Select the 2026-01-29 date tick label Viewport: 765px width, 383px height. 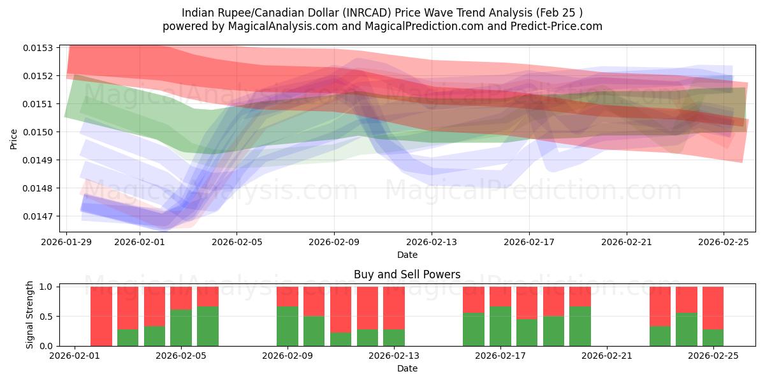[x=67, y=243]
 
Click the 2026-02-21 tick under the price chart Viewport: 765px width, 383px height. [x=626, y=243]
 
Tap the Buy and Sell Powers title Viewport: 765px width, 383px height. [x=407, y=275]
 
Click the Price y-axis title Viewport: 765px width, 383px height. [x=14, y=139]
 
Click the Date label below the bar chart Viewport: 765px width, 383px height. [x=407, y=368]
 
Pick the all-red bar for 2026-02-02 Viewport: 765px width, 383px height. [x=101, y=316]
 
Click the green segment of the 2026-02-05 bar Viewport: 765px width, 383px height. [x=181, y=327]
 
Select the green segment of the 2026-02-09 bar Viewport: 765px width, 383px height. [x=288, y=326]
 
